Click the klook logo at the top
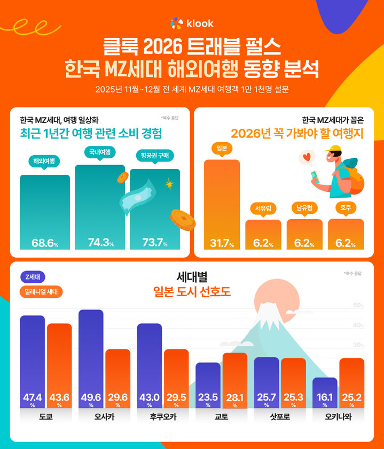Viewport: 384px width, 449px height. tap(192, 23)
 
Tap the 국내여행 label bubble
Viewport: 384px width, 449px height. tap(99, 152)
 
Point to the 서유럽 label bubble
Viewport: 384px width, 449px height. tap(263, 207)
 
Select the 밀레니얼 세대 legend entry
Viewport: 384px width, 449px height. tap(41, 292)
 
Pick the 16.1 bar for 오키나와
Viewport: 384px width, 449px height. tap(325, 393)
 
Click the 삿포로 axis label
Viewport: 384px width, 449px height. tap(280, 417)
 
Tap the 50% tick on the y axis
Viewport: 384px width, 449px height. tap(358, 305)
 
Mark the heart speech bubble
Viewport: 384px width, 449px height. tap(307, 158)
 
